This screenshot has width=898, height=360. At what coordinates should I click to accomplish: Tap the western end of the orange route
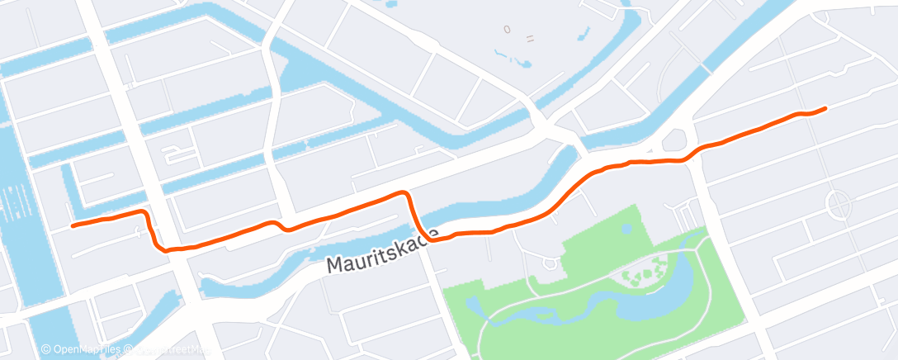[x=73, y=225]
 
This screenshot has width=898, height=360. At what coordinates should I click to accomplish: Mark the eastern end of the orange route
[x=825, y=108]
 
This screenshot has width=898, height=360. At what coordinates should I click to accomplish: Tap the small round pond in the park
[x=626, y=228]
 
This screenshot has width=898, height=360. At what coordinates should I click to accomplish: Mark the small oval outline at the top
[x=508, y=30]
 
